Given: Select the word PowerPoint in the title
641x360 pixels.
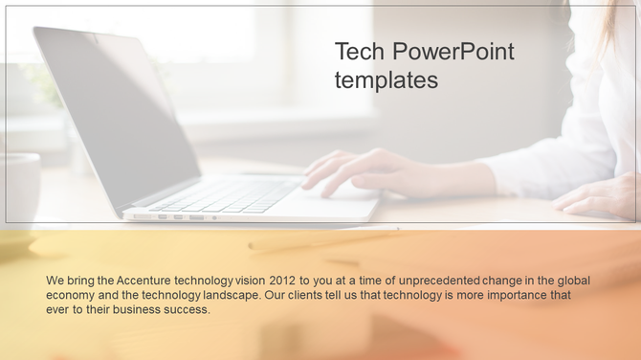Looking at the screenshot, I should click(453, 52).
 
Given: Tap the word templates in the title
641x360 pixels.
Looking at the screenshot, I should click(387, 80).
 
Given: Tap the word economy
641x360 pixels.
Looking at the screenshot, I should click(71, 295).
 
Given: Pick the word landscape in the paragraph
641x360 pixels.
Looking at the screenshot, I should click(233, 295).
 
